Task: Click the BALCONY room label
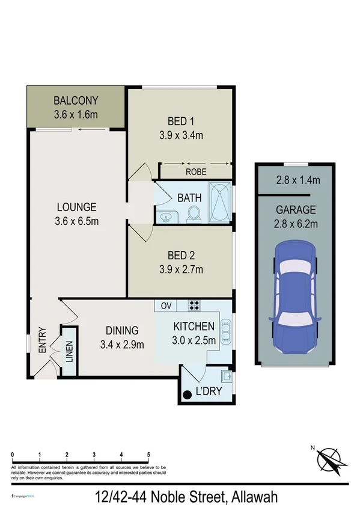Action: pos(75,100)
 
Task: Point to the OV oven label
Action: pos(166,306)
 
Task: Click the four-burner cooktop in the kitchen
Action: pos(194,306)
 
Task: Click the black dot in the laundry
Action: pos(187,395)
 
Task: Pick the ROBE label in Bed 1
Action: pos(195,171)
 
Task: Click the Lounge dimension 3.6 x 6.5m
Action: pos(76,221)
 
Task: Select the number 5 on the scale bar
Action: pos(148,455)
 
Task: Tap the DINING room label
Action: pos(122,330)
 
